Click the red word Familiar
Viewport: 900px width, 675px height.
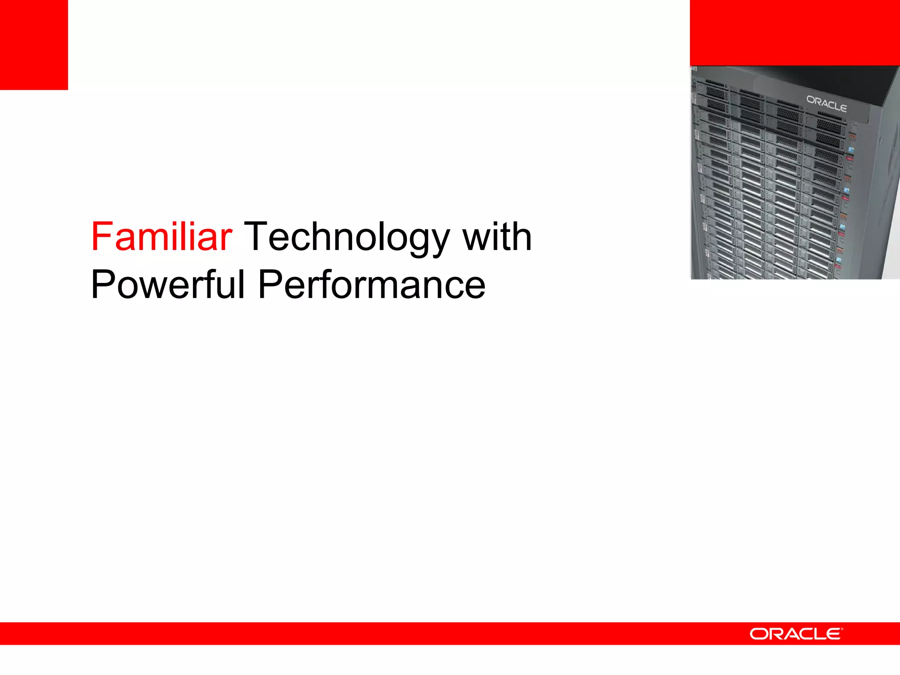point(161,237)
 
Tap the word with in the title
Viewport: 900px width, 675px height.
point(497,237)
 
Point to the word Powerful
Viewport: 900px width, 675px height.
point(167,284)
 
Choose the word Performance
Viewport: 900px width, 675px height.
point(371,284)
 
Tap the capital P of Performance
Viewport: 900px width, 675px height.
point(269,284)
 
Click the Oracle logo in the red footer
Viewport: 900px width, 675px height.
point(795,634)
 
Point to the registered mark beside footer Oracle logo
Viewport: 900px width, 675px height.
point(842,629)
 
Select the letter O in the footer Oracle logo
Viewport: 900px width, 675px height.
point(759,634)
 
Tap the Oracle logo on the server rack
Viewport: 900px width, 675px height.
point(826,104)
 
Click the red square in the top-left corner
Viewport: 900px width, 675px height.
point(34,44)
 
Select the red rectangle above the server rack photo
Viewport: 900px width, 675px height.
point(795,33)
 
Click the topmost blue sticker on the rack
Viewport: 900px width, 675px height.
point(851,150)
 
